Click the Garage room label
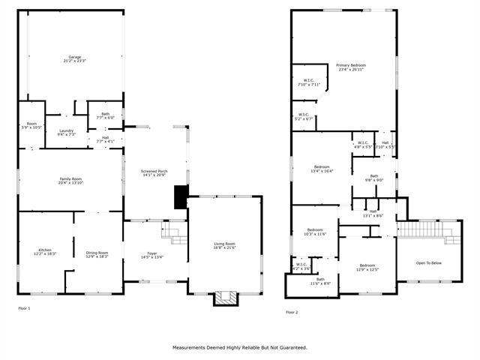click(x=73, y=58)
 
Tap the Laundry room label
click(x=66, y=133)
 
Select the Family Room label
click(x=70, y=180)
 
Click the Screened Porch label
click(x=154, y=173)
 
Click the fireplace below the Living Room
click(x=225, y=298)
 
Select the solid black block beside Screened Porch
click(x=180, y=196)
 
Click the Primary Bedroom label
click(x=351, y=67)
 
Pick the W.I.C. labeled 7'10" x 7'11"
click(x=308, y=82)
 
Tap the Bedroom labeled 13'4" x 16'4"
click(x=322, y=168)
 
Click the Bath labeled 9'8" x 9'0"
click(x=373, y=178)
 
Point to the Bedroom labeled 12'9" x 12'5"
click(x=367, y=267)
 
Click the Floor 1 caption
click(x=25, y=308)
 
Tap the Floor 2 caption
click(x=292, y=312)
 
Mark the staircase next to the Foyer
click(x=176, y=234)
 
